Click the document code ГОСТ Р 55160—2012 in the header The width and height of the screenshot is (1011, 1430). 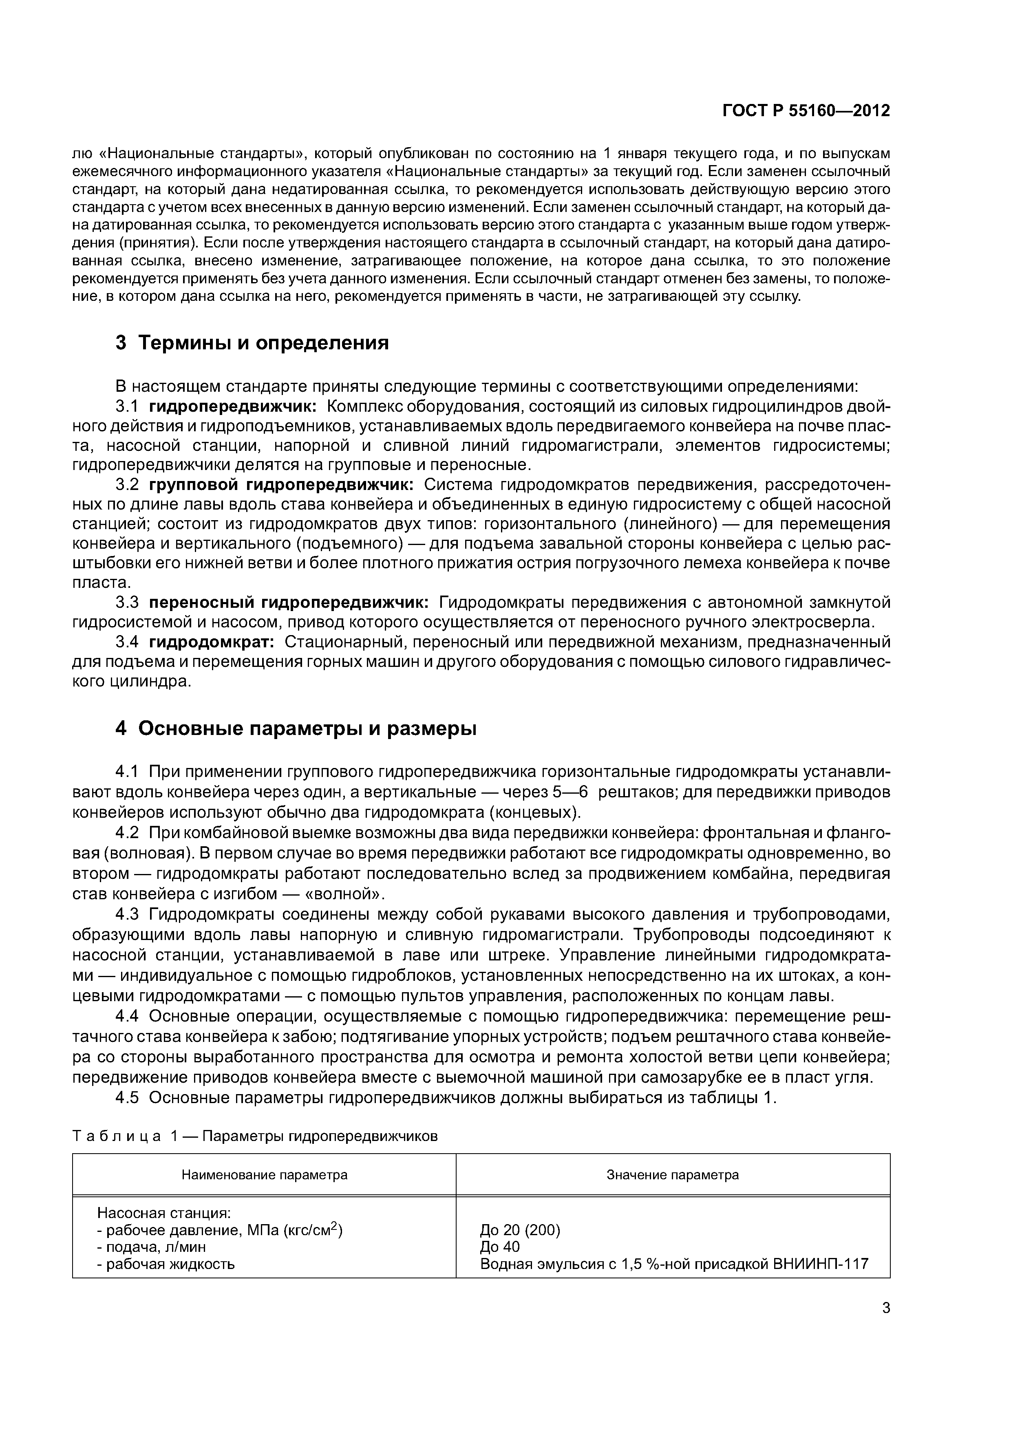click(806, 111)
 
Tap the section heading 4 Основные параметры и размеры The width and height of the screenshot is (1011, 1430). click(296, 728)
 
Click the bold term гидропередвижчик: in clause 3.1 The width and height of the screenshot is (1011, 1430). click(233, 407)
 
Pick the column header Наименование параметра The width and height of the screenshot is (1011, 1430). click(264, 1175)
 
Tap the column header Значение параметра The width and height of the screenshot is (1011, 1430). click(673, 1175)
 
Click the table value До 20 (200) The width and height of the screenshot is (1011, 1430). click(520, 1230)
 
